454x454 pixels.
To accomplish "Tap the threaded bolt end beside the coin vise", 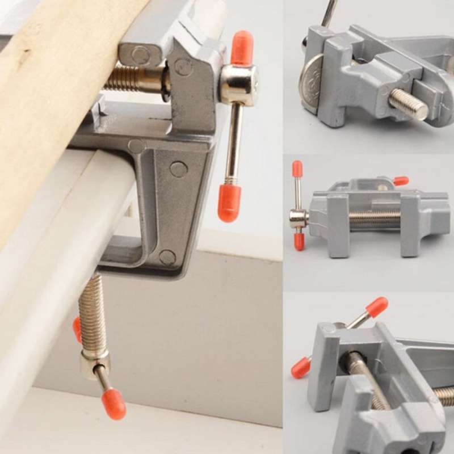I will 408,104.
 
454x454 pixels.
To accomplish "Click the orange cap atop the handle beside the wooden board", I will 242,48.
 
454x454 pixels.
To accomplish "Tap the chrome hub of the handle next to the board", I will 238,85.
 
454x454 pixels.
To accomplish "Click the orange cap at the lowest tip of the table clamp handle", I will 113,404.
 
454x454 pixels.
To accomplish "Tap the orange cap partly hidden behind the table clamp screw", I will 77,329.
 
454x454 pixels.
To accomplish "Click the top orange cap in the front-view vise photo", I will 297,169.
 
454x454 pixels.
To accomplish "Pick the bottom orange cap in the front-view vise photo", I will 299,241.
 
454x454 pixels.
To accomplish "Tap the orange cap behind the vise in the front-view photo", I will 400,181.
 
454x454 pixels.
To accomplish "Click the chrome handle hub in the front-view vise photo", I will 298,218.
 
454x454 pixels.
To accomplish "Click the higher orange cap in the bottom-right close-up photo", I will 376,306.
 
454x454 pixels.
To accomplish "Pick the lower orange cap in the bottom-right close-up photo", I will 301,368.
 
